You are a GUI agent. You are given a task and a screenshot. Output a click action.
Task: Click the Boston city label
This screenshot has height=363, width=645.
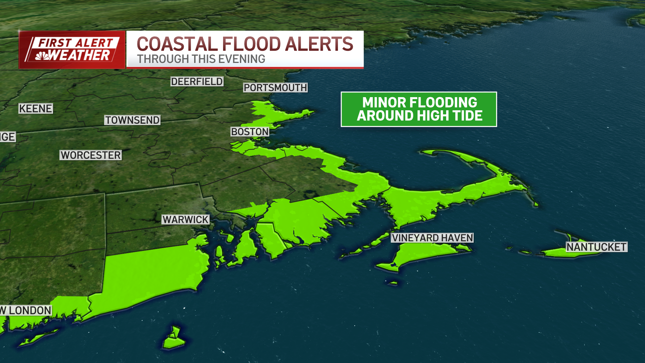pos(250,132)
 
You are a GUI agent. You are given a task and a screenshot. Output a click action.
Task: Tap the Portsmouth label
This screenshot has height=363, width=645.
pos(275,88)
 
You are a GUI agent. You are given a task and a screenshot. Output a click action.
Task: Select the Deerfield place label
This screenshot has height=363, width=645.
pos(197,81)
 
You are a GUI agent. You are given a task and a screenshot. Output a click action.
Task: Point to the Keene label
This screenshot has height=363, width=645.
pos(36,109)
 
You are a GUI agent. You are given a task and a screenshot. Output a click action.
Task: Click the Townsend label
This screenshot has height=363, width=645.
pos(132,120)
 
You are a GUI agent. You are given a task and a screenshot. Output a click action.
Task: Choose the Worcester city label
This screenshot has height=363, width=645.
pos(91,155)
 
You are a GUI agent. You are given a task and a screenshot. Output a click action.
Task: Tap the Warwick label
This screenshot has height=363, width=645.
pos(185,219)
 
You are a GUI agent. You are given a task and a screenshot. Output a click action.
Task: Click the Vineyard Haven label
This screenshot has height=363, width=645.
pos(432,238)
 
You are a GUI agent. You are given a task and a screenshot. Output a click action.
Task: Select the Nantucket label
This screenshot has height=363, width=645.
pos(596,247)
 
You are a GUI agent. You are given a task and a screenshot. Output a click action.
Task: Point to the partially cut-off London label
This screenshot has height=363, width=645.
pos(26,310)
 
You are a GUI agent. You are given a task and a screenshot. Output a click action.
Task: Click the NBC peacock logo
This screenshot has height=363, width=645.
pos(42,56)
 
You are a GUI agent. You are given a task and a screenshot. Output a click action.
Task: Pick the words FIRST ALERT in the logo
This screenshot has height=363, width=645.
pos(76,43)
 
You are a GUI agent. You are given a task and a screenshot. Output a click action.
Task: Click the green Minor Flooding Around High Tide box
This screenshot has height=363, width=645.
pos(419,109)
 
